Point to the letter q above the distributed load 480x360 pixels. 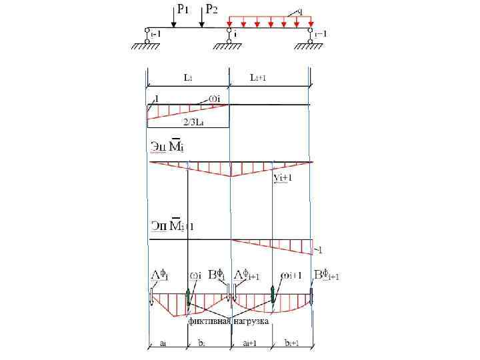[301, 11]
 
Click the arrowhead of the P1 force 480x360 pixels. [173, 25]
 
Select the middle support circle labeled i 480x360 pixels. [229, 31]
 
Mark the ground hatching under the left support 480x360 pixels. [145, 47]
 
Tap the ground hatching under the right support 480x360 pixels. [311, 47]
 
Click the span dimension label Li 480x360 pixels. [189, 78]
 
